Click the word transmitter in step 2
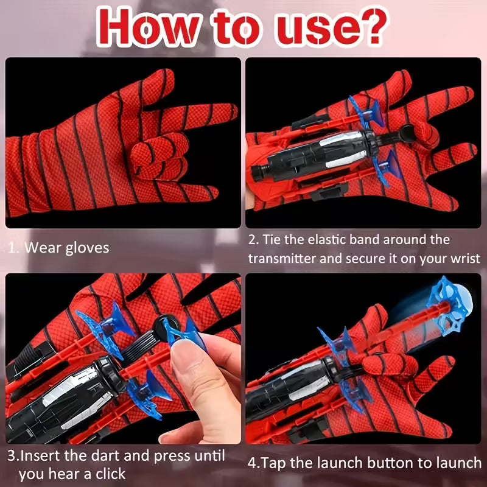[x=282, y=259]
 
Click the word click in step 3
[x=107, y=474]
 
